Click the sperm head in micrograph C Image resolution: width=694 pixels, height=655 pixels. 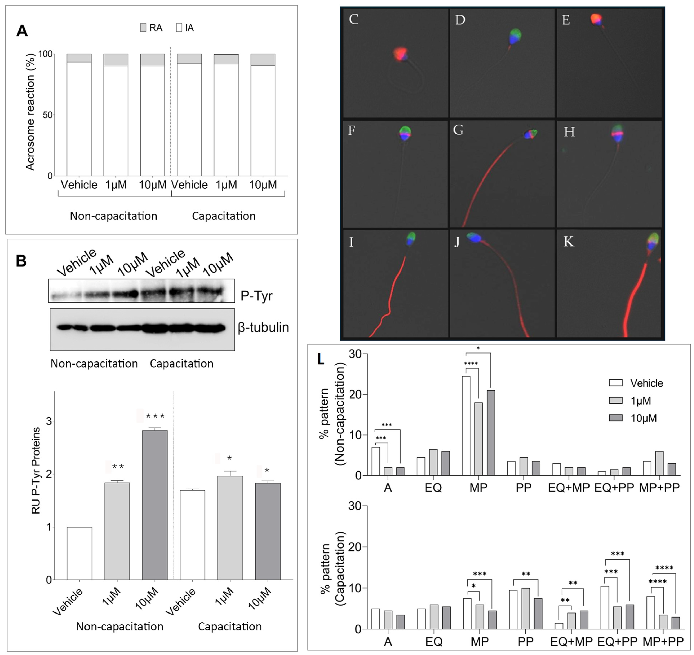pos(400,54)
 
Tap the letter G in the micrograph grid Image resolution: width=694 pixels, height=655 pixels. pos(458,130)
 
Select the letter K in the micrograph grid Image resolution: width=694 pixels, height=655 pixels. pos(569,241)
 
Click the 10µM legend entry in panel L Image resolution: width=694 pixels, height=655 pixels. pos(643,418)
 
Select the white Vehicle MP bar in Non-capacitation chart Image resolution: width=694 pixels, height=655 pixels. pos(466,426)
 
